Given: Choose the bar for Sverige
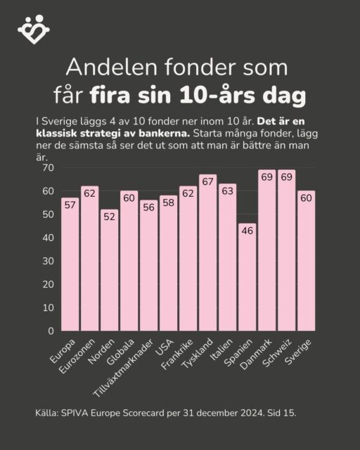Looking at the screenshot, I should click(305, 261).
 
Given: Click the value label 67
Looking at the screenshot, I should click(207, 181).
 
